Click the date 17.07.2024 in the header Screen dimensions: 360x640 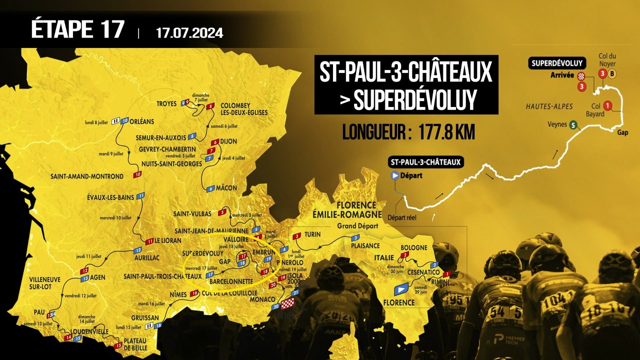click(189, 33)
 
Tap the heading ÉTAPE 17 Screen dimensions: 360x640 click(77, 30)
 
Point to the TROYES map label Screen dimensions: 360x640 click(167, 104)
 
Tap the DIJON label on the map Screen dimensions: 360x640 click(228, 141)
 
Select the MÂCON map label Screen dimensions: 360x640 click(227, 188)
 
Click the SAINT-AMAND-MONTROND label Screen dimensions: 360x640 click(86, 176)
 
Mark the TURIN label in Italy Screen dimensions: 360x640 click(312, 234)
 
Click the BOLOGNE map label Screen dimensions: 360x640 click(413, 247)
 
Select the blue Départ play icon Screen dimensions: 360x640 click(395, 175)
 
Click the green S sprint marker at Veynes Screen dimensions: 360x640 click(572, 125)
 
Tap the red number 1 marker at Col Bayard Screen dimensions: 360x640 click(607, 105)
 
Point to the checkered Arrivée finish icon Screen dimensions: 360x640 click(581, 76)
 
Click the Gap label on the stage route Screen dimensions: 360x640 click(622, 133)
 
